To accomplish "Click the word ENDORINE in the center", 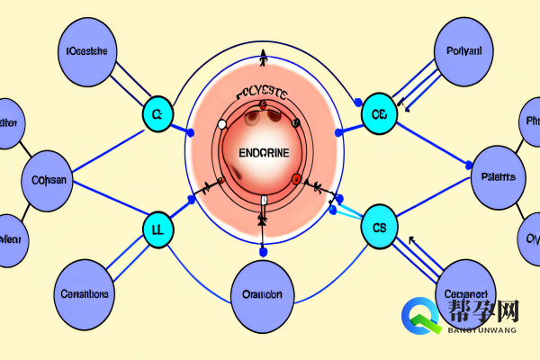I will point(264,152).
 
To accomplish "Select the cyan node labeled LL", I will point(157,229).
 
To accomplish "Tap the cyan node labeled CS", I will point(378,229).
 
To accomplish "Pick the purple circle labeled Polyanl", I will point(463,52).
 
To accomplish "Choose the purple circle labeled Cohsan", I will point(49,179).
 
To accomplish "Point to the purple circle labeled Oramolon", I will point(262,293).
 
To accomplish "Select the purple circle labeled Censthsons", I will point(85,293).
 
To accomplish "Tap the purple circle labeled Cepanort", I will point(465,293).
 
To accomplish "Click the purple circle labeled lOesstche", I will point(86,52).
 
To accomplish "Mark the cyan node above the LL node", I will point(157,114).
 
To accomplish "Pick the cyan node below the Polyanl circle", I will point(378,114).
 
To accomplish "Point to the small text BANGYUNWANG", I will point(481,330).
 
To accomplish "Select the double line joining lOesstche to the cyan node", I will point(125,85).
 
